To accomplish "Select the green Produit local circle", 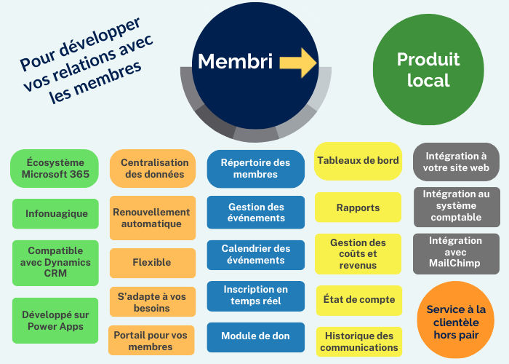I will point(428,69).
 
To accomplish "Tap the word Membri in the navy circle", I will point(235,62).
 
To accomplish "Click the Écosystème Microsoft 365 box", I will point(55,168).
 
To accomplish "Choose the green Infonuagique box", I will point(55,214).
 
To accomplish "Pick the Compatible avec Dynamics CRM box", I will point(55,262).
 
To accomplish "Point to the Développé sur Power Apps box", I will point(55,321).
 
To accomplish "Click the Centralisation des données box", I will point(153,168).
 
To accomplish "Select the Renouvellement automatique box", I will point(153,218).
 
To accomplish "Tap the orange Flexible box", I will point(153,262).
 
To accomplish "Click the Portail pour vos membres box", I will point(153,340).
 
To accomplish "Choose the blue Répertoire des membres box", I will point(255,169).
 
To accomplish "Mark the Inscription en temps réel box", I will point(255,296).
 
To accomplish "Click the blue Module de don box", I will point(255,336).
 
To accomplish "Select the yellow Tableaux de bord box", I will point(358,161).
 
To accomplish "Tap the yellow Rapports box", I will point(358,207).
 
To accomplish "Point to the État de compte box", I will point(358,299).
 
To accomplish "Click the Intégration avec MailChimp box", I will point(456,253).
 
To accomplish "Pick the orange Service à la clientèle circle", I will point(456,320).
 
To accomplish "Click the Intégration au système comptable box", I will point(456,206).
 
